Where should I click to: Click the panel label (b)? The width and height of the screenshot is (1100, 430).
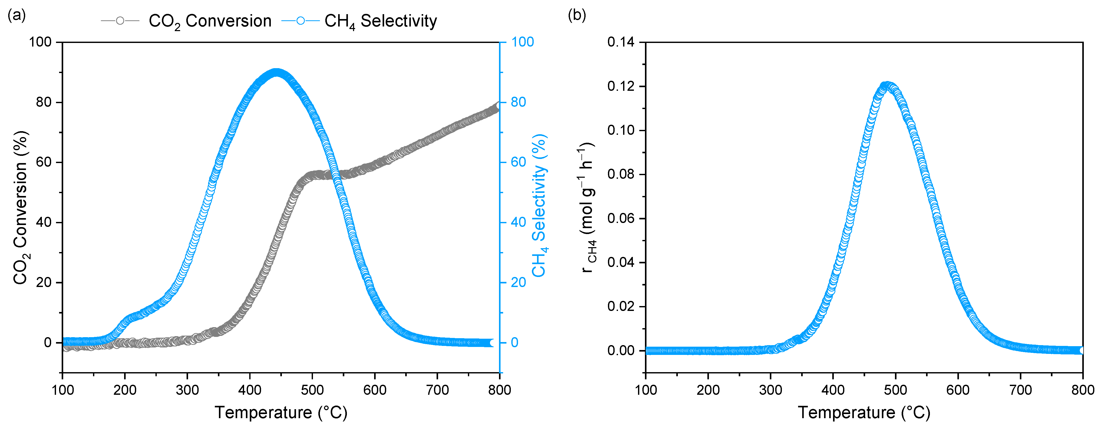(x=577, y=15)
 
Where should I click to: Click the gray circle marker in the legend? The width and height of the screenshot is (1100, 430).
(x=120, y=21)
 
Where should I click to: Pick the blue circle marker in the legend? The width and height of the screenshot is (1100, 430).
(x=301, y=21)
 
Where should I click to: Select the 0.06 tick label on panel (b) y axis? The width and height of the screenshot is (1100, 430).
(x=621, y=218)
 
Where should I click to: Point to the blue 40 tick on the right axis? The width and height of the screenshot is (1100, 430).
(x=519, y=222)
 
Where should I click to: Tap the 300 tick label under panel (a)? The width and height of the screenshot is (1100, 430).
(x=188, y=390)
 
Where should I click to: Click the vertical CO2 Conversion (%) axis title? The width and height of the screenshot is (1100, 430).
(x=21, y=207)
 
